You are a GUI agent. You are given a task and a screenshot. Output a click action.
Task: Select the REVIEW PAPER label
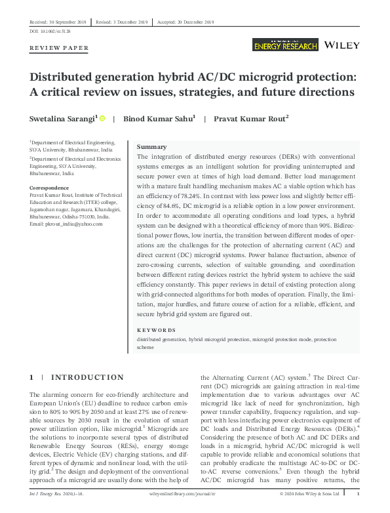coord(59,49)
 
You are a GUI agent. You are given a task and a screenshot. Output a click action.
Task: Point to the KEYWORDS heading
coord(156,330)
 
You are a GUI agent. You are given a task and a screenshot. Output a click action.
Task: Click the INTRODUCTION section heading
coord(87,377)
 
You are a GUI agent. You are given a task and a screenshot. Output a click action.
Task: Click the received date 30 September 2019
coord(57,22)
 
